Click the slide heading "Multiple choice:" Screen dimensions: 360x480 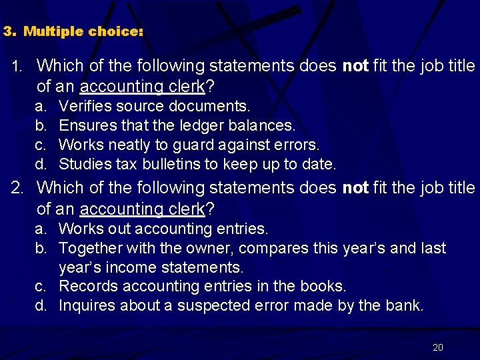83,31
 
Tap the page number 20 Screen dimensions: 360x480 438,347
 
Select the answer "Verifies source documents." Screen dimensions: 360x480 155,106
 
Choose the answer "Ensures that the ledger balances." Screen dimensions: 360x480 177,125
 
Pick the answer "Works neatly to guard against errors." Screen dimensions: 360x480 189,145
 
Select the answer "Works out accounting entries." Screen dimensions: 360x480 163,229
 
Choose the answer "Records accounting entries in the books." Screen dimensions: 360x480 203,286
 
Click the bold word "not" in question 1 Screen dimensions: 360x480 355,65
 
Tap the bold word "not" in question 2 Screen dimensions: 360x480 355,188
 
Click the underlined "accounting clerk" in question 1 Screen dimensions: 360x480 142,86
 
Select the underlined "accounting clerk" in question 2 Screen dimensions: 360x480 142,209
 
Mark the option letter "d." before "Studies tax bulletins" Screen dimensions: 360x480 41,164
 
